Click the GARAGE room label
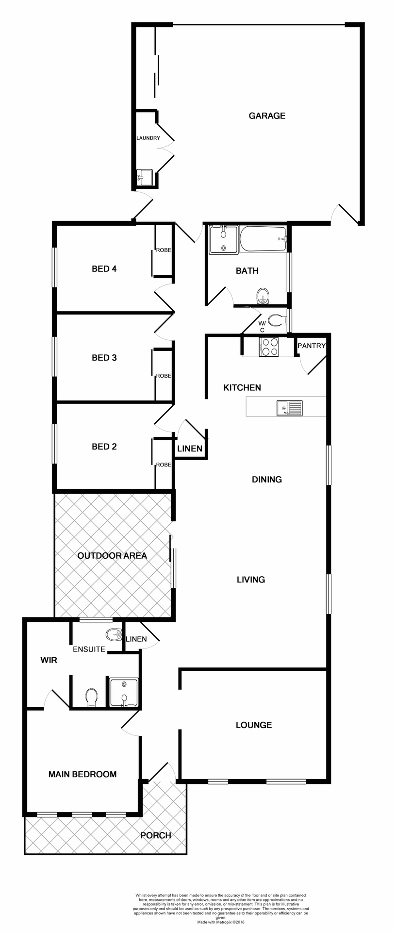(x=267, y=116)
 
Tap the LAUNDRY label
(x=148, y=138)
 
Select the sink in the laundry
(x=145, y=177)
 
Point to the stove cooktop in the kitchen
(x=269, y=347)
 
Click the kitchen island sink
(x=289, y=408)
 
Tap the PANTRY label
(x=311, y=346)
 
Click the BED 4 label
(x=104, y=268)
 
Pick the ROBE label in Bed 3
(x=164, y=376)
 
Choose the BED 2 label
(x=104, y=447)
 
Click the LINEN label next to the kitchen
(x=190, y=449)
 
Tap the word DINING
(x=267, y=480)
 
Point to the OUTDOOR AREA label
(x=112, y=556)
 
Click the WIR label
(x=49, y=660)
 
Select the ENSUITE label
(x=89, y=649)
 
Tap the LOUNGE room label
(x=254, y=725)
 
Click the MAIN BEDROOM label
(x=82, y=774)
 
